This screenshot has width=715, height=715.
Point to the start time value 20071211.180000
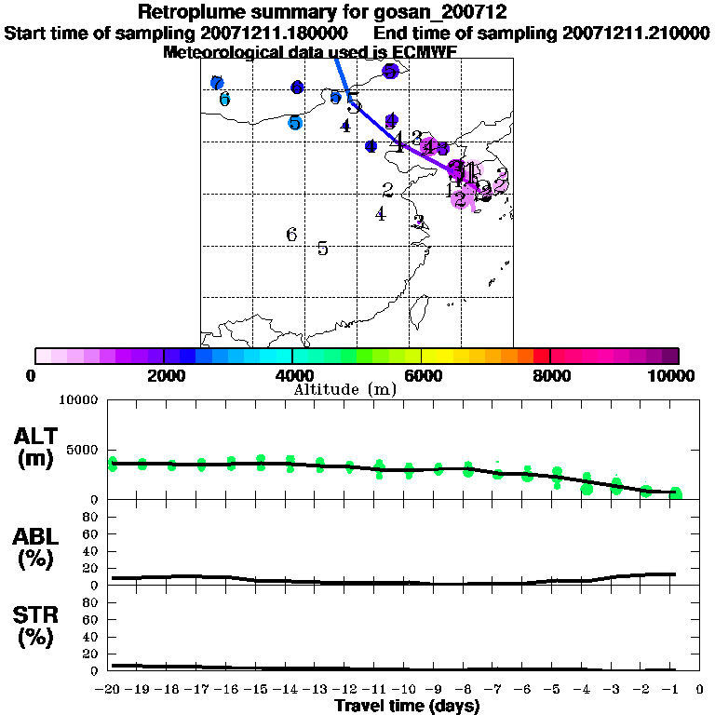[276, 33]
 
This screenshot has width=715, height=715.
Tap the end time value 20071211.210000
[635, 33]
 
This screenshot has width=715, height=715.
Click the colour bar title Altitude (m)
[345, 389]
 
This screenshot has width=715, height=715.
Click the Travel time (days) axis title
[407, 707]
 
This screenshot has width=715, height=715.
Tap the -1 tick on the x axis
[675, 690]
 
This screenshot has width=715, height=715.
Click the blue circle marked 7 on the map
[217, 83]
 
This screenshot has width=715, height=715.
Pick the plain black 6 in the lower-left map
[291, 235]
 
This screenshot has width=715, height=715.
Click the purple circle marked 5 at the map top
[390, 71]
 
